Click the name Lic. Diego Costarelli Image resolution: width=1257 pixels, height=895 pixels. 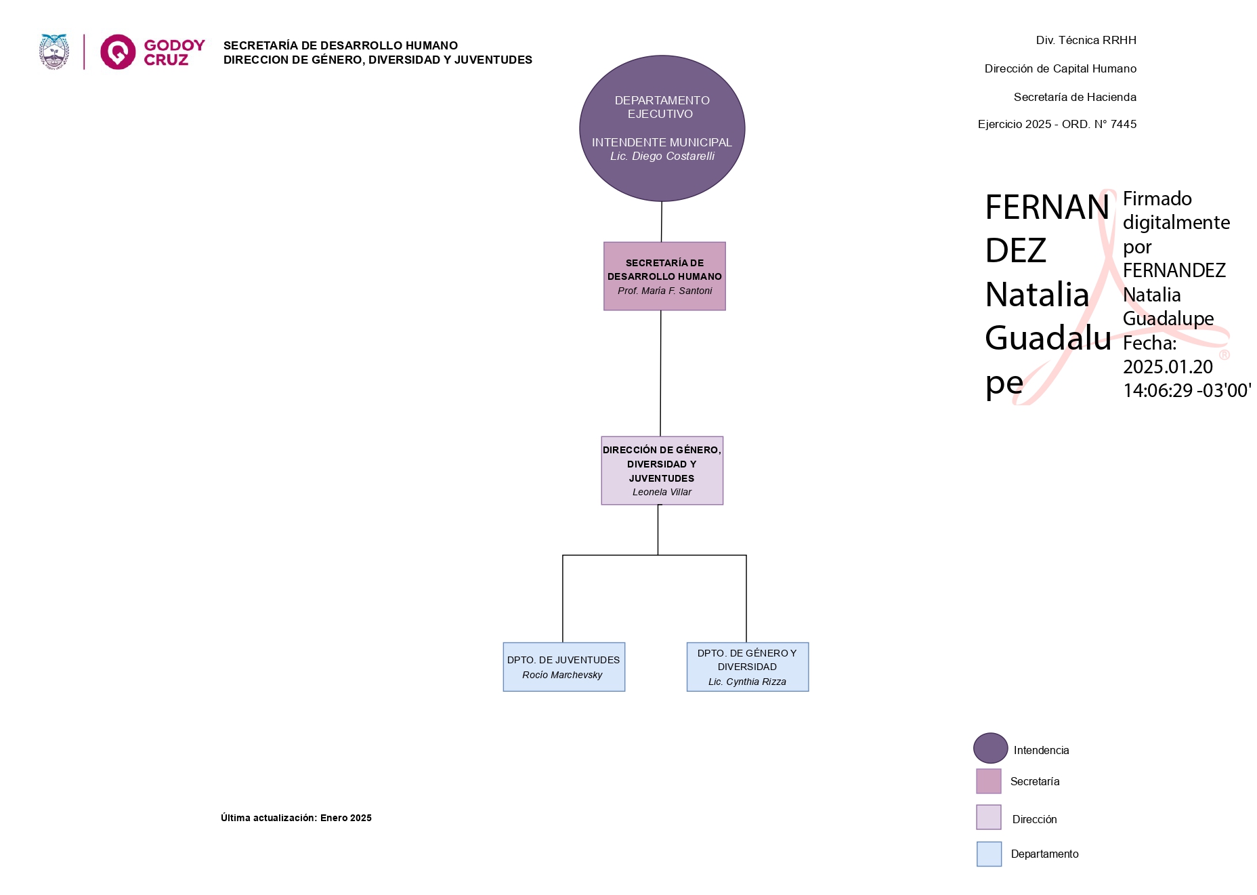[662, 157]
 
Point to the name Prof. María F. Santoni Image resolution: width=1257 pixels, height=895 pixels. [664, 291]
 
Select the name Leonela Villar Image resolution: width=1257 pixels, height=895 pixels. [662, 493]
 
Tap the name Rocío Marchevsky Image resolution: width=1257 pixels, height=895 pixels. [562, 675]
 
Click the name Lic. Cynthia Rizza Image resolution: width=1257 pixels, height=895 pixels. [747, 682]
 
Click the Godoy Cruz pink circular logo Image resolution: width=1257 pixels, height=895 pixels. [118, 52]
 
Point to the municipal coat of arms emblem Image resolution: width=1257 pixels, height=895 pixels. [54, 52]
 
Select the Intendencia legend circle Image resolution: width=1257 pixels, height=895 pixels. [990, 748]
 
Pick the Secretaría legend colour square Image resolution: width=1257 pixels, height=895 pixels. [988, 781]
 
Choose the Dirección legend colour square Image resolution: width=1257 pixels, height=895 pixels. [988, 817]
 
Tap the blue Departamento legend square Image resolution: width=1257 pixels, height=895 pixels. [989, 854]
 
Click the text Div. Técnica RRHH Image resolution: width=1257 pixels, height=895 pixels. [1086, 41]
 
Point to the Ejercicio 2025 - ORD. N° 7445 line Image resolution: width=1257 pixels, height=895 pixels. [1057, 125]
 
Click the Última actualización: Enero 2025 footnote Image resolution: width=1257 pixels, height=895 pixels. [296, 818]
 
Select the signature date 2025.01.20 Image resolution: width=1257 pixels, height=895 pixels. [1168, 367]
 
